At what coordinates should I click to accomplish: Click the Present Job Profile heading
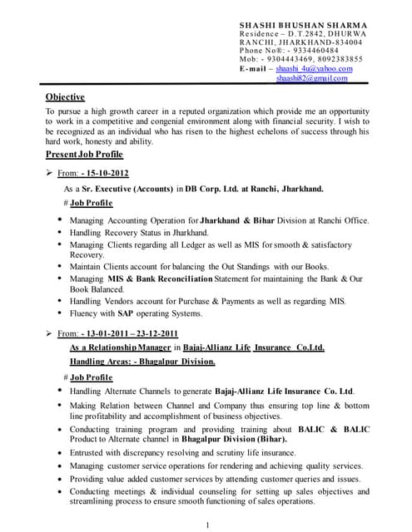tap(84, 155)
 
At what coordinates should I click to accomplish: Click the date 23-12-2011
tap(156, 333)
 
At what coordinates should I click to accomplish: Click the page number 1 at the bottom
tap(206, 524)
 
